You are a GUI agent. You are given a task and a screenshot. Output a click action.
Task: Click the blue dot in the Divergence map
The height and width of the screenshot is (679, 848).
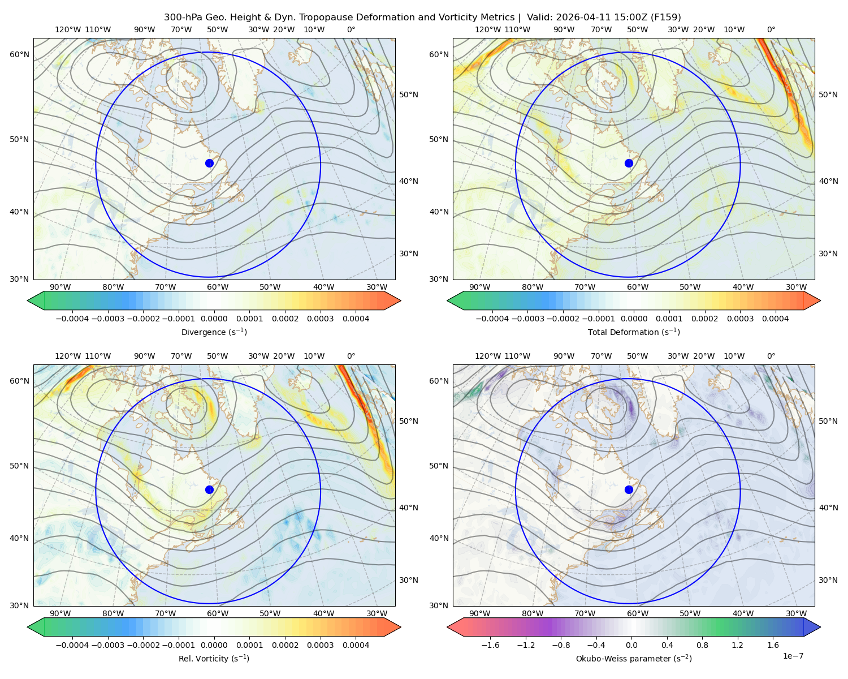(209, 163)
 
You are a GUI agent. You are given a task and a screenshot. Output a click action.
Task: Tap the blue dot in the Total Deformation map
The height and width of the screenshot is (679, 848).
(629, 163)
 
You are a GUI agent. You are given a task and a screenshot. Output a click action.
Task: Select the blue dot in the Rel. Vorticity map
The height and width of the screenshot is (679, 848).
(209, 489)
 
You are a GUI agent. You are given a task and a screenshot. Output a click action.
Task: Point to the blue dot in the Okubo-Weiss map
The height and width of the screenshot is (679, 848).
(629, 489)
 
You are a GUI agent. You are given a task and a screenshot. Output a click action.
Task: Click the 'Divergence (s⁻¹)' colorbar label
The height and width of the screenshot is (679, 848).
(214, 332)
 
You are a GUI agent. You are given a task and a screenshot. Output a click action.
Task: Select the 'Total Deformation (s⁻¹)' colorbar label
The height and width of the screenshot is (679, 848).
(634, 332)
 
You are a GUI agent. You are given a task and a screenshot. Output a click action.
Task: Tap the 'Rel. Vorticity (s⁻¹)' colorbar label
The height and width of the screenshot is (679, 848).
(214, 658)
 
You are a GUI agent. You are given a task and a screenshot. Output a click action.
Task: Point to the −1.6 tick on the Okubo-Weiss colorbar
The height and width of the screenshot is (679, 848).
(490, 645)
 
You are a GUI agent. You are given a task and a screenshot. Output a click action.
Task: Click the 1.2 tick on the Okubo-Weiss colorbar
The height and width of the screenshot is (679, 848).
(737, 645)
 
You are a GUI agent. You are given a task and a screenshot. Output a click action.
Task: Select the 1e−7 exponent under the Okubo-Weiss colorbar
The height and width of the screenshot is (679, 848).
(793, 656)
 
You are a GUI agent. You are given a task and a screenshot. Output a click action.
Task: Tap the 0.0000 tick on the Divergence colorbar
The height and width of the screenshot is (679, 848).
(214, 319)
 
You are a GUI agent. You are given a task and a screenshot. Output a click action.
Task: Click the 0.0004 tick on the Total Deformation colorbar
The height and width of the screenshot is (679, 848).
(775, 319)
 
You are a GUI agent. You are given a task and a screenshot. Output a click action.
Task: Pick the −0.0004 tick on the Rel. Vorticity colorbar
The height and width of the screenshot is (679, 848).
(72, 645)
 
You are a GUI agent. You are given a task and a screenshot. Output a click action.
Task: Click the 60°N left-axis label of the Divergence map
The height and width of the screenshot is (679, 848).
(19, 54)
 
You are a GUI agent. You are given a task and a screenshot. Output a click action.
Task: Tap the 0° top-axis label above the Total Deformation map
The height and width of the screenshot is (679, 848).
(771, 29)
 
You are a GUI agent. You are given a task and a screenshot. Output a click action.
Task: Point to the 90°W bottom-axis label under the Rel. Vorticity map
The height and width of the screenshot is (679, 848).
(60, 613)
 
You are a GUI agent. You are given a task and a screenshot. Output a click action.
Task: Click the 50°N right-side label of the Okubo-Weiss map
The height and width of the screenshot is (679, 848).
(828, 421)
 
